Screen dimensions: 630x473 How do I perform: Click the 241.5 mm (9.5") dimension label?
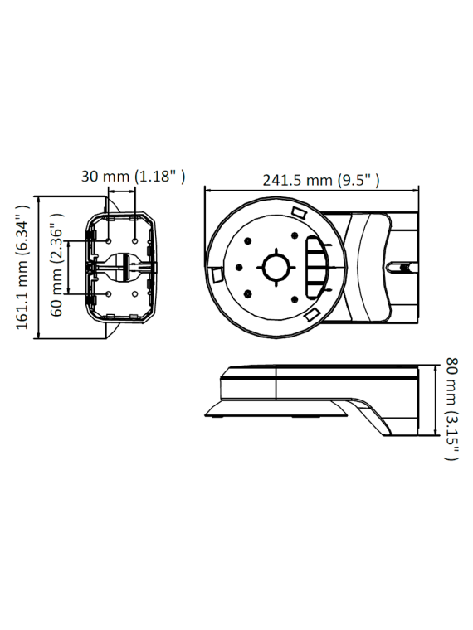click(x=321, y=180)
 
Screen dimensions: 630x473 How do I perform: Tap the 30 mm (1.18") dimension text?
click(x=133, y=176)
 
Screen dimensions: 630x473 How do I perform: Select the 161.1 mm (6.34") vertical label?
click(x=22, y=267)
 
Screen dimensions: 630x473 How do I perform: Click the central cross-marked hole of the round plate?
click(x=274, y=268)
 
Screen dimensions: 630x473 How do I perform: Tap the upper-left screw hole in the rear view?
click(x=110, y=240)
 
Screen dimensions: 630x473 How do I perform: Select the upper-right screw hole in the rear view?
click(x=135, y=240)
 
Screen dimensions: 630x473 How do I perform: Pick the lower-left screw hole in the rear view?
click(x=110, y=294)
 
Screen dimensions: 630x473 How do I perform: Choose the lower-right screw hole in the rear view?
click(x=135, y=294)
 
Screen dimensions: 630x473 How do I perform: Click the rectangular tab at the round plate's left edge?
click(x=214, y=274)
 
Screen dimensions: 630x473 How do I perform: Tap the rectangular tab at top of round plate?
click(x=300, y=213)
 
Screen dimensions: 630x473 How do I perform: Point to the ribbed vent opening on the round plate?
click(x=317, y=267)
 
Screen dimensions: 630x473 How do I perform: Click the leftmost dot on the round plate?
click(x=238, y=268)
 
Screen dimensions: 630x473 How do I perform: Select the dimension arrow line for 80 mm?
click(x=435, y=400)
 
